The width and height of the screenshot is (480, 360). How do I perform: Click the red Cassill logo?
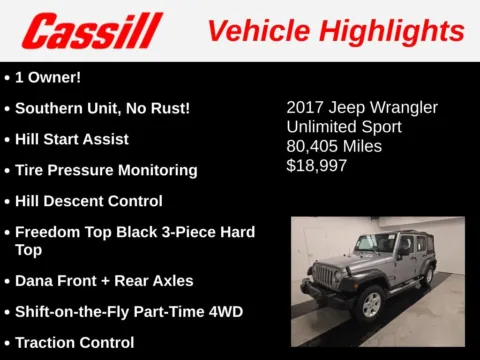tap(92, 31)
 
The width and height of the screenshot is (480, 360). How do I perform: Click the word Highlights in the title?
tap(392, 31)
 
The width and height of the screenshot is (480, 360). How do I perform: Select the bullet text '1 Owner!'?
tap(49, 76)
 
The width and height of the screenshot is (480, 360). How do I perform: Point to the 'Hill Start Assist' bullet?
tap(71, 139)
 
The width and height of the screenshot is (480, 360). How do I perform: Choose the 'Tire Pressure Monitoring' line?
tap(106, 170)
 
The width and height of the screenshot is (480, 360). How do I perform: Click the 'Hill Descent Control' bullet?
tap(88, 201)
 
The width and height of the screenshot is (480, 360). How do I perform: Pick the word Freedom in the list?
tap(47, 232)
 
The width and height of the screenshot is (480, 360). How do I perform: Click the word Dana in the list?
tap(34, 281)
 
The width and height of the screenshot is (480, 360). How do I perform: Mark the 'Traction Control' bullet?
tap(74, 343)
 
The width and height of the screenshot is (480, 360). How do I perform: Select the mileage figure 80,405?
tap(313, 146)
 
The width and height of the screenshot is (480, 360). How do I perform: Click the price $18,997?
tap(317, 165)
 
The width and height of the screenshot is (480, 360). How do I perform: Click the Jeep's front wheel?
tap(370, 301)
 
